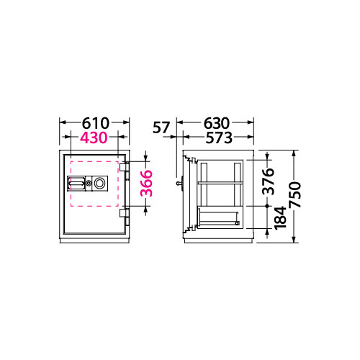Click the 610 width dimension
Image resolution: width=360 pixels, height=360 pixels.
(x=96, y=123)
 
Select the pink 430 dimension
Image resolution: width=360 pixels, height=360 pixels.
(x=94, y=138)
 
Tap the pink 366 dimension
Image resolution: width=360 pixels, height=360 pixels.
(x=146, y=184)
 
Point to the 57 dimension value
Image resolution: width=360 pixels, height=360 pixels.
(x=161, y=127)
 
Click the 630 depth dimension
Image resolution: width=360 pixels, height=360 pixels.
(x=217, y=123)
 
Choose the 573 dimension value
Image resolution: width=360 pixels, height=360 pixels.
(x=219, y=138)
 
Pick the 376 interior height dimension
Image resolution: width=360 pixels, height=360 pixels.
(x=269, y=181)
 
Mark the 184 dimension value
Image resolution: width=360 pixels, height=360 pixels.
(x=281, y=218)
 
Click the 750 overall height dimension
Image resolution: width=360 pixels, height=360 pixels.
(x=294, y=194)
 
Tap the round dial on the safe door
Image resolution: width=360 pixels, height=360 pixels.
(x=99, y=184)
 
